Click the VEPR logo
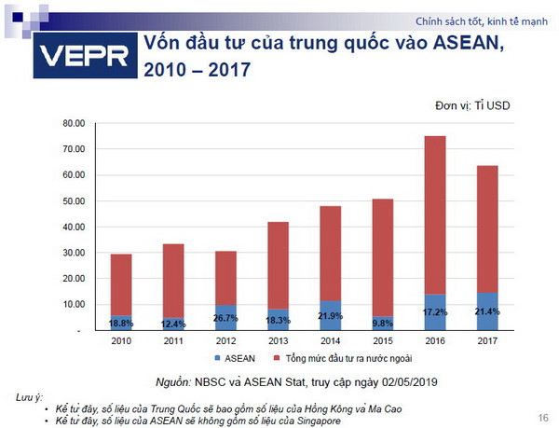pyautogui.click(x=83, y=57)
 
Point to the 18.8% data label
pyautogui.click(x=121, y=324)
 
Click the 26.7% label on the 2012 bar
pyautogui.click(x=225, y=317)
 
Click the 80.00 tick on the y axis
pyautogui.click(x=74, y=123)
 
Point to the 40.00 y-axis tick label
pyautogui.click(x=74, y=227)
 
